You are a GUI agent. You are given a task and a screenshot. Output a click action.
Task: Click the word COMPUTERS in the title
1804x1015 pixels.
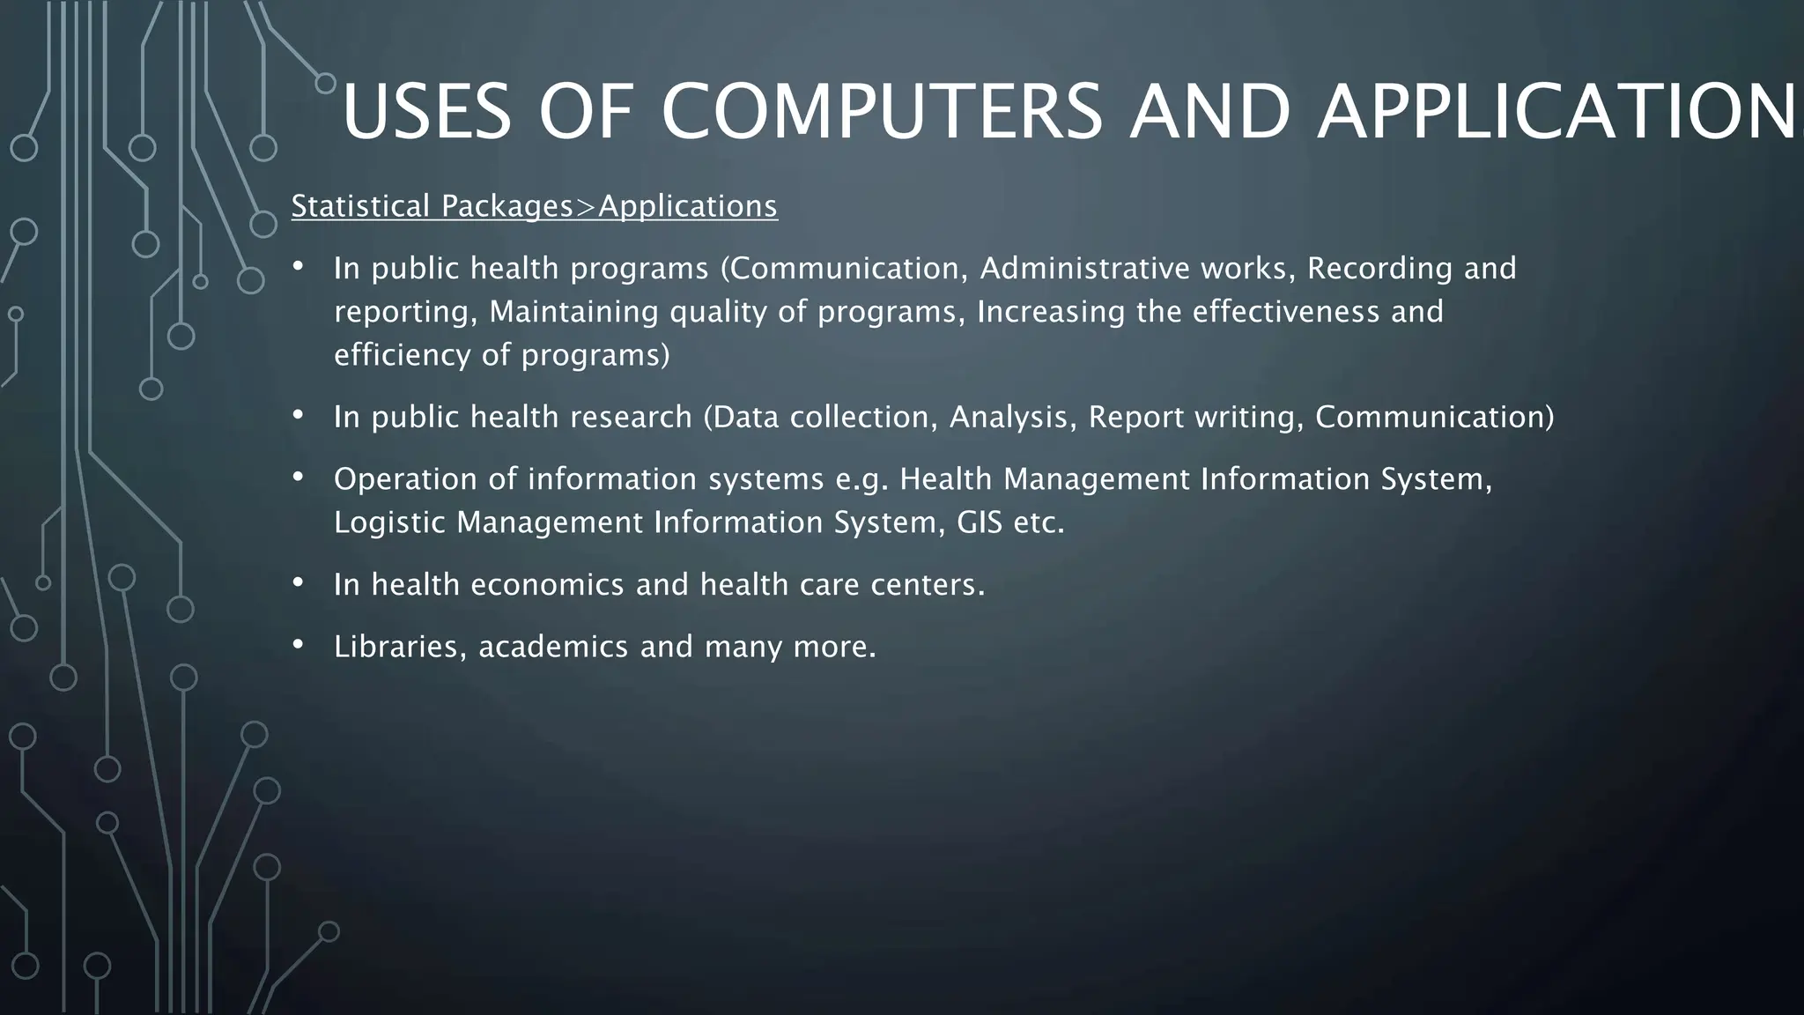point(881,112)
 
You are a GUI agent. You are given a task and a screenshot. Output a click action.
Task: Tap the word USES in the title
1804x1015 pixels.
point(426,112)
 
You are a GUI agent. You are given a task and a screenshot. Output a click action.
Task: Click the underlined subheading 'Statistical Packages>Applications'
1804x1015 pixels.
point(535,206)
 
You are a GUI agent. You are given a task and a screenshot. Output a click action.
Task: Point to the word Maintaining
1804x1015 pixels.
point(573,312)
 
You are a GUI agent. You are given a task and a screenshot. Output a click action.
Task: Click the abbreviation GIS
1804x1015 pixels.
point(980,522)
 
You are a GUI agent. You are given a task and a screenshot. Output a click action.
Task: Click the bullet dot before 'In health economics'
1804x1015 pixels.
point(298,582)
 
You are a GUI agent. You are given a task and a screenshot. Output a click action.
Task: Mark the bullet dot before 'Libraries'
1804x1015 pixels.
point(298,644)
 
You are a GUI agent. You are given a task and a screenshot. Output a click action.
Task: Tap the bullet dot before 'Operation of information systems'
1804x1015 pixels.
point(298,477)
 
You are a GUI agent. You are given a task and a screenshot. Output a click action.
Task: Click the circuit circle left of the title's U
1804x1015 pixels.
point(325,84)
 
